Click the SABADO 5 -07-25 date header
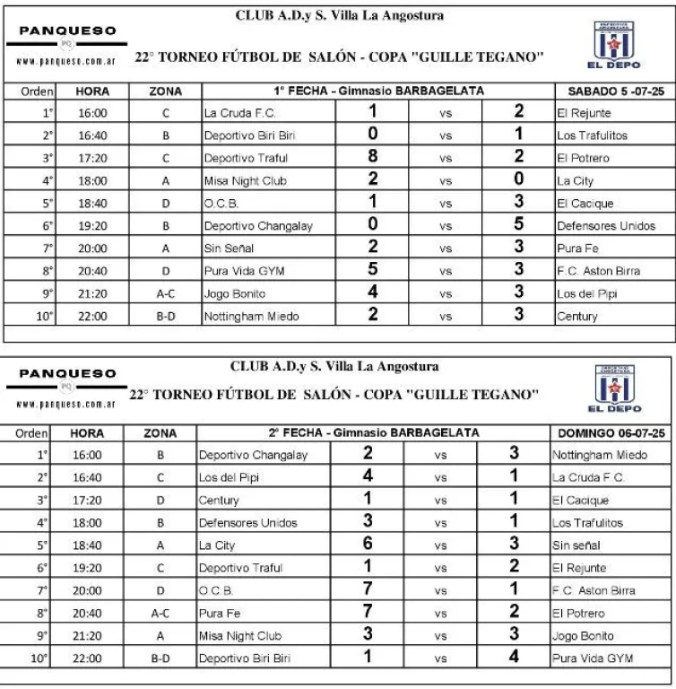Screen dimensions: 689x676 614,91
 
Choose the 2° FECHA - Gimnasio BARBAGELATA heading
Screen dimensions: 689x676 375,432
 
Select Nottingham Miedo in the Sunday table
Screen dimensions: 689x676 594,454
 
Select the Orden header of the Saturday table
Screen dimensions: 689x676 37,91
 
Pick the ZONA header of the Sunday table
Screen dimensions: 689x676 160,433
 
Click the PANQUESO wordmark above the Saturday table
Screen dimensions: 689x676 68,31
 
